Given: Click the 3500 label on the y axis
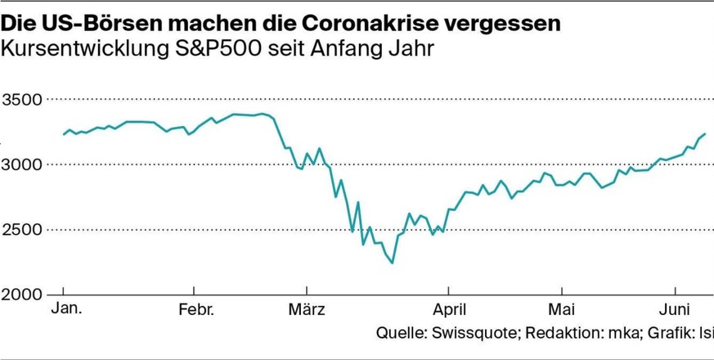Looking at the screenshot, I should (x=22, y=100).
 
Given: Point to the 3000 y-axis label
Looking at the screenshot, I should (x=22, y=164).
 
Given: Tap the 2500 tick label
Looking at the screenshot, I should (x=22, y=229).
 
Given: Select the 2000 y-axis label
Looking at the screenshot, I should (x=22, y=294).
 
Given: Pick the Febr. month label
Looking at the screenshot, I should (x=195, y=310).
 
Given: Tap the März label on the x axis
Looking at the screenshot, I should (x=308, y=310).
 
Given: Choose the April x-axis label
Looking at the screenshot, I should (x=449, y=310).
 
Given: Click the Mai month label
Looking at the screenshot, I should (x=561, y=310).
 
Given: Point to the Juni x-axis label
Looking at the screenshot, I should (x=676, y=310).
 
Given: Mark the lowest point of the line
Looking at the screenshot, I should (x=393, y=263).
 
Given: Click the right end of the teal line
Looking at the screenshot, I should (x=704, y=133).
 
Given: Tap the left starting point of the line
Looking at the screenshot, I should (x=64, y=134).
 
